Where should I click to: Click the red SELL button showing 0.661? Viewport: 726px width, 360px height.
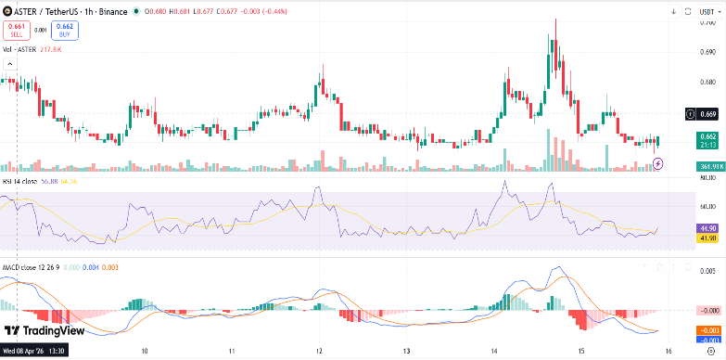coord(15,31)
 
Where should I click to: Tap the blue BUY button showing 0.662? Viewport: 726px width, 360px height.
coord(66,31)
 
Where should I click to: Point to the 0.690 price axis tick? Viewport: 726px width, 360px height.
coord(707,51)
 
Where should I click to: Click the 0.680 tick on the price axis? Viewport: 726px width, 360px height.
coord(707,82)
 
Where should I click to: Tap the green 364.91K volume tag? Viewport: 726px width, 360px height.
coord(710,166)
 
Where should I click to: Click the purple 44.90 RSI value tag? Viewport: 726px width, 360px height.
coord(708,228)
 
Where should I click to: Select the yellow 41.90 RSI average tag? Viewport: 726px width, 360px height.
coord(708,238)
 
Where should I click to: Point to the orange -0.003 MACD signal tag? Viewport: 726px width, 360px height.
coord(708,330)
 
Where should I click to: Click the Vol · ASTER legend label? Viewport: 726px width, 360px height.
coord(19,50)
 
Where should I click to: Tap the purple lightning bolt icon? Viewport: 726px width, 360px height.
coord(658,163)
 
